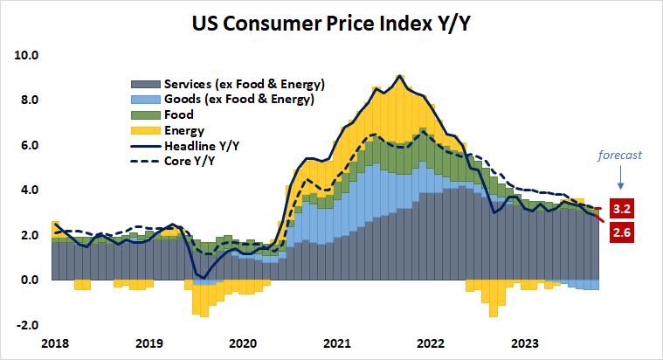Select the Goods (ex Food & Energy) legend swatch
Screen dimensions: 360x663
(144, 100)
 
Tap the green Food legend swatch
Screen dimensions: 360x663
(144, 115)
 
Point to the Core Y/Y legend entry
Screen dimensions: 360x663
(187, 162)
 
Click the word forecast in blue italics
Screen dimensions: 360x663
(619, 156)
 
